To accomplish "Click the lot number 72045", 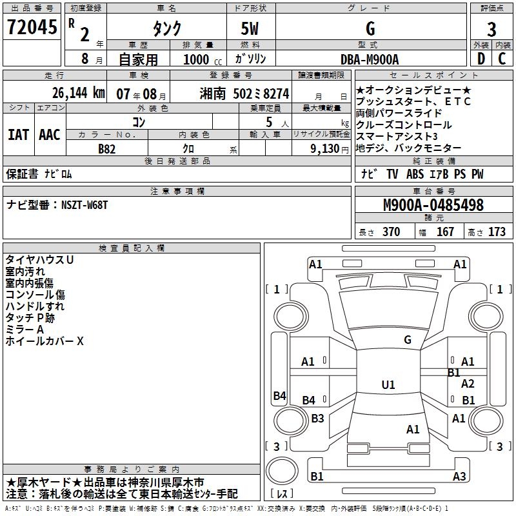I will (32, 28).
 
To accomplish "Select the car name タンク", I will (166, 29).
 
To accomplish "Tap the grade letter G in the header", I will (370, 29).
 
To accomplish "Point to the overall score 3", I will (491, 30).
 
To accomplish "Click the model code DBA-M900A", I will (370, 59).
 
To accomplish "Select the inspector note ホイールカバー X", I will (45, 341).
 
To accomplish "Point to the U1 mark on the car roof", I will (388, 385).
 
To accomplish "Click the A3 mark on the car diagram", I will (459, 477).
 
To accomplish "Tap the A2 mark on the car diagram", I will (468, 384).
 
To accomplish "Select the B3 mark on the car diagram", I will (317, 419).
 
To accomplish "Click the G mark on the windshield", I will (407, 340).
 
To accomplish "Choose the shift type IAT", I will (17, 135).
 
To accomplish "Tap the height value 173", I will (497, 232).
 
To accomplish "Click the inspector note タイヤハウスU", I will (39, 259).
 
